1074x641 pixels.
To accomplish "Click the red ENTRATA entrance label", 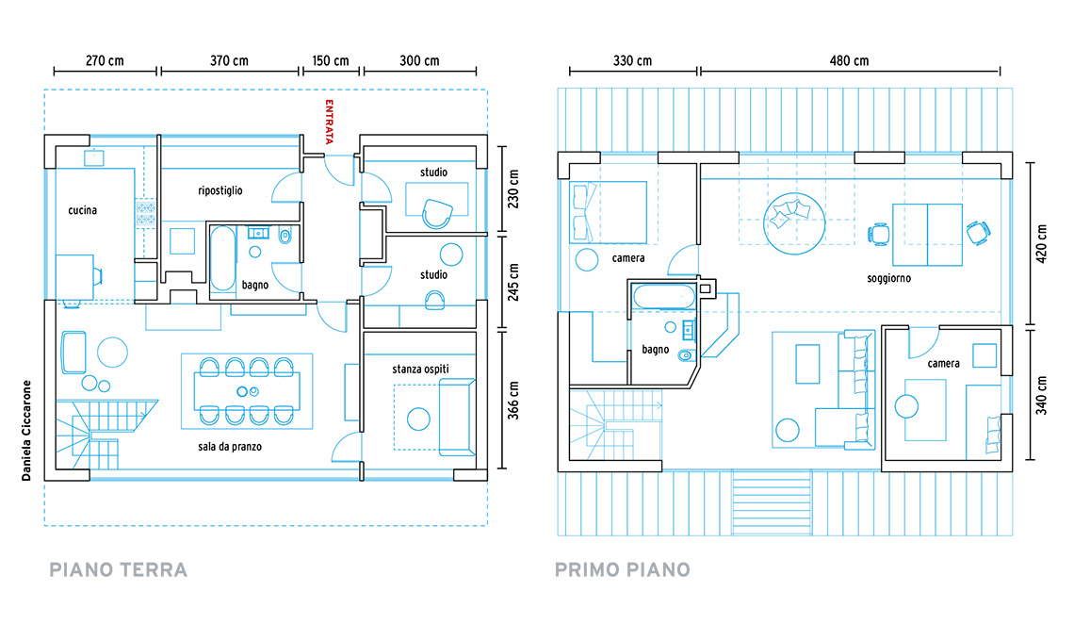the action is (330, 122).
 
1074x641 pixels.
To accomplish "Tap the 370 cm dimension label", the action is (229, 61).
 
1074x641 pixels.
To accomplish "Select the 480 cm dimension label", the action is (850, 61).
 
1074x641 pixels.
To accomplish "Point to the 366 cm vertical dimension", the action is (513, 401).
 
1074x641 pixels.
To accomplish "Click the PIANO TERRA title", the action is (119, 569).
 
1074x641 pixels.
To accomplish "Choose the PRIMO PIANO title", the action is (623, 569).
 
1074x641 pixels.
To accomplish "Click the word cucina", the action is (82, 210).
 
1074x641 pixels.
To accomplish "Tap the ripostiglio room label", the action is (220, 190).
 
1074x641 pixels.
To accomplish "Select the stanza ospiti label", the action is (420, 369).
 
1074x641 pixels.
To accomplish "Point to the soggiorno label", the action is (888, 278).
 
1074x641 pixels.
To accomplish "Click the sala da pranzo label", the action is (230, 447).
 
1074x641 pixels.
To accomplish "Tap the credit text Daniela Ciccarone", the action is (26, 431).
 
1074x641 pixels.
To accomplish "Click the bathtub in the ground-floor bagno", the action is (222, 260).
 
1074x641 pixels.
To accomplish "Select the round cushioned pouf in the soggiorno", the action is (794, 223).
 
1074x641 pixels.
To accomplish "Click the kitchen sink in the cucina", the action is (94, 157).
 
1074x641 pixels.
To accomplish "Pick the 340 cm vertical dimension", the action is (1041, 396).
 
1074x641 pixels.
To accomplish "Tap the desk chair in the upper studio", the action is (436, 213).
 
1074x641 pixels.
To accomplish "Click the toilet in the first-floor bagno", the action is (686, 355).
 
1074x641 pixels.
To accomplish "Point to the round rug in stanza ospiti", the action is (418, 419).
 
